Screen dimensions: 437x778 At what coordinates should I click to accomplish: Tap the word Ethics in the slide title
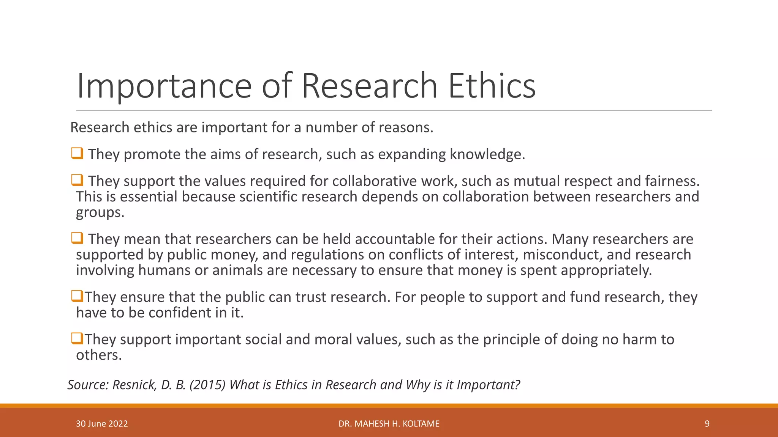(492, 86)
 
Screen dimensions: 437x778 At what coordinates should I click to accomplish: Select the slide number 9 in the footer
(707, 424)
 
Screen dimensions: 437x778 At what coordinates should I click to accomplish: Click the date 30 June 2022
(102, 424)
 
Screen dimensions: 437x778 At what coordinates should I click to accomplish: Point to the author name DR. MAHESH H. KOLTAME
(389, 424)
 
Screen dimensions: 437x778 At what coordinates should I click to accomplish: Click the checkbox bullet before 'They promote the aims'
(77, 154)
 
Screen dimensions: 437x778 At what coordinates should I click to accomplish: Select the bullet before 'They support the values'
(77, 180)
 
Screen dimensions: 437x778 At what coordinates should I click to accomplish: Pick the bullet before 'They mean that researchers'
(77, 238)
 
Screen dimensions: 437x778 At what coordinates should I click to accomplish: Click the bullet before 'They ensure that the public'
(77, 296)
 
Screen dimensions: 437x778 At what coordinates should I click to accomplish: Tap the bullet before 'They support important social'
(77, 338)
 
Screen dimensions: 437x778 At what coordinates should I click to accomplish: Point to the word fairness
(672, 181)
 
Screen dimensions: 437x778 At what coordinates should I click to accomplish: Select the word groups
(100, 212)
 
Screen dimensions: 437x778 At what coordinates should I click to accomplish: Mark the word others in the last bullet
(99, 355)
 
